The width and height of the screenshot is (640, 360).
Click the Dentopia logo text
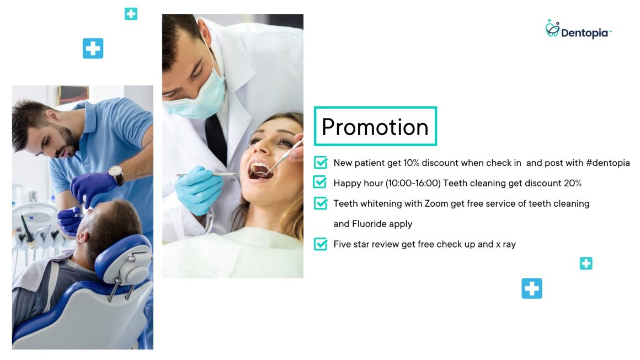point(584,33)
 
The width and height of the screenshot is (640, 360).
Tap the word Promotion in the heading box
point(375,127)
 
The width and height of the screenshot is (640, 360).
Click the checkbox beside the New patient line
point(321,163)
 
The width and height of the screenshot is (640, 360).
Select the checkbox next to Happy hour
point(320,182)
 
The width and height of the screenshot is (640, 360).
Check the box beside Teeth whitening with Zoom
point(321,203)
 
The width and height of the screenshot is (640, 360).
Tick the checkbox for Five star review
point(321,244)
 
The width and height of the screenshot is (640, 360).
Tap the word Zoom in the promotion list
point(436,203)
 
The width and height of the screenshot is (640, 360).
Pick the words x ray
point(505,244)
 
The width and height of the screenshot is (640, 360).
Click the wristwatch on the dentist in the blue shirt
point(116,175)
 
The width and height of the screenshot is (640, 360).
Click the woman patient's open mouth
point(260,169)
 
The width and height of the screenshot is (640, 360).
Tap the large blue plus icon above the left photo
point(93,49)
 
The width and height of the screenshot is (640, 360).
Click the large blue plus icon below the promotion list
point(532,288)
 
